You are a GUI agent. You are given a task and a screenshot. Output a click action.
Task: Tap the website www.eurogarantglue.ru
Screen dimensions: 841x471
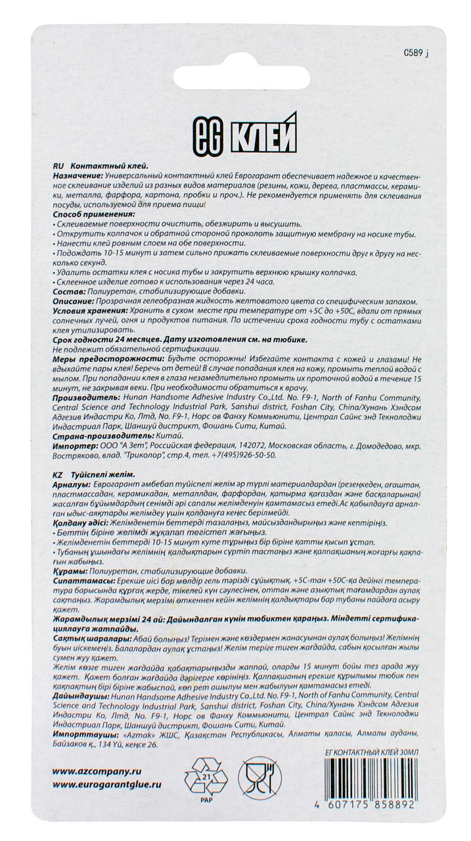coord(106,784)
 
